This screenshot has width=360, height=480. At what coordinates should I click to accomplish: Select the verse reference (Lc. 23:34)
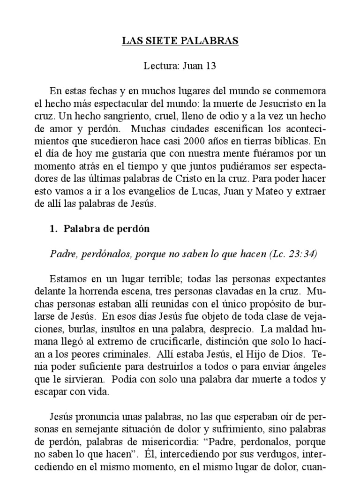[x=293, y=254]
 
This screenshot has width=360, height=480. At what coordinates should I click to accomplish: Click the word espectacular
[x=131, y=103]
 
